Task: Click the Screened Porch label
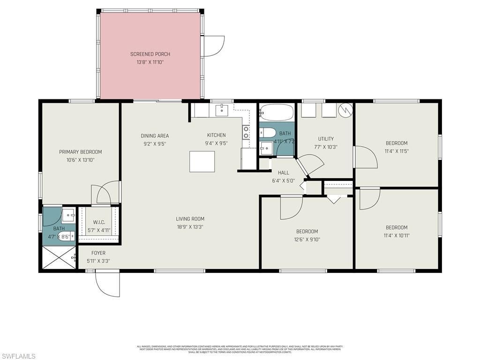pyautogui.click(x=150, y=54)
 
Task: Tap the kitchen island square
pyautogui.click(x=202, y=161)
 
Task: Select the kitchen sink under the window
pyautogui.click(x=222, y=110)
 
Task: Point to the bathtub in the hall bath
pyautogui.click(x=277, y=112)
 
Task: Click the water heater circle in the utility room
pyautogui.click(x=345, y=110)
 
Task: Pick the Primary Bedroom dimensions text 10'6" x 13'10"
pyautogui.click(x=80, y=160)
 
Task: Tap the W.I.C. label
pyautogui.click(x=98, y=222)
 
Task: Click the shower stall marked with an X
pyautogui.click(x=59, y=257)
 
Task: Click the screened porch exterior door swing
pyautogui.click(x=213, y=47)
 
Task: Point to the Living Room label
pyautogui.click(x=190, y=218)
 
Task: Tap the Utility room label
pyautogui.click(x=326, y=139)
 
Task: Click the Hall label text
pyautogui.click(x=283, y=172)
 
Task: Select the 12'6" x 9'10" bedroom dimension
pyautogui.click(x=307, y=240)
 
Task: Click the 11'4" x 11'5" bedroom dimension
pyautogui.click(x=397, y=151)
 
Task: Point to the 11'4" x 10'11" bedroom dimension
pyautogui.click(x=397, y=235)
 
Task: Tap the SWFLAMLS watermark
pyautogui.click(x=18, y=356)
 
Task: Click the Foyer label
pyautogui.click(x=98, y=253)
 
